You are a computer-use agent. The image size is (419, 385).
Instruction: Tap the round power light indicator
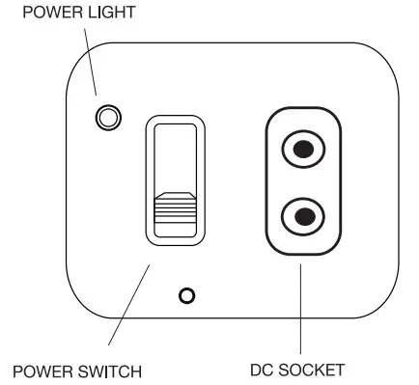point(108,119)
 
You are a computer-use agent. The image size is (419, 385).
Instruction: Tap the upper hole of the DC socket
point(303,150)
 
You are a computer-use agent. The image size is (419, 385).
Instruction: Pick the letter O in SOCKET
point(294,370)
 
